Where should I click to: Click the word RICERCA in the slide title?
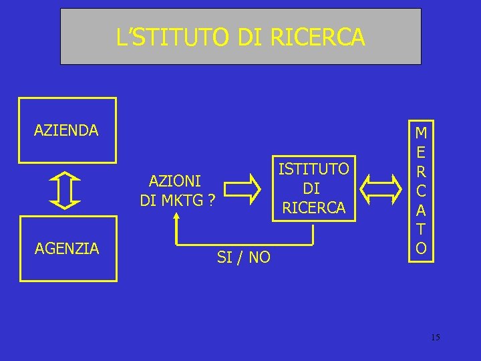(x=318, y=37)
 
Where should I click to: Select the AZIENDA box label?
(x=66, y=130)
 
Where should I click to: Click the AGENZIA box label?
(x=67, y=249)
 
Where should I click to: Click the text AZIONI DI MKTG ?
(x=176, y=191)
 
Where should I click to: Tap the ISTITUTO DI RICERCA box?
(x=313, y=189)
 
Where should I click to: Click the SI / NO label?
(x=244, y=257)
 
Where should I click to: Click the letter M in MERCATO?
(x=421, y=132)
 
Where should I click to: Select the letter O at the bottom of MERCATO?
(x=421, y=248)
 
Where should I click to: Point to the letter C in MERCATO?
(x=421, y=191)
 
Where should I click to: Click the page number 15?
(x=435, y=338)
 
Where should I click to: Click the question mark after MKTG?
(x=210, y=199)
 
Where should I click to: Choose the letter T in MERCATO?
(x=421, y=229)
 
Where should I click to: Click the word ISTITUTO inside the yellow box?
(x=313, y=169)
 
